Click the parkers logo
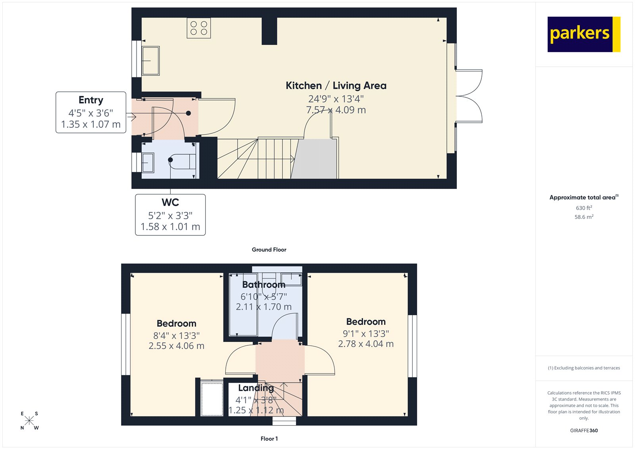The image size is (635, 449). pyautogui.click(x=583, y=34)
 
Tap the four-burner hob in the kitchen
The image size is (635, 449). pyautogui.click(x=199, y=28)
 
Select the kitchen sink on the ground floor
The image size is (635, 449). pyautogui.click(x=151, y=61)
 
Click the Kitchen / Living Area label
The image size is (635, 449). pyautogui.click(x=336, y=86)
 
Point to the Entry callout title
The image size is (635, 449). pyautogui.click(x=91, y=100)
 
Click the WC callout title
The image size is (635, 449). pyautogui.click(x=170, y=202)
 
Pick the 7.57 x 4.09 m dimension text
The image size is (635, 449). pyautogui.click(x=336, y=110)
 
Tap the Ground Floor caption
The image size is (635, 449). pyautogui.click(x=269, y=250)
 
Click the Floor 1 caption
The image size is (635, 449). pyautogui.click(x=269, y=439)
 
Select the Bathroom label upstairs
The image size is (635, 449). pyautogui.click(x=264, y=285)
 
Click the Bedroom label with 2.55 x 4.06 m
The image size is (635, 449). pyautogui.click(x=176, y=324)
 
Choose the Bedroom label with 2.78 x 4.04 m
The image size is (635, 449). pyautogui.click(x=366, y=322)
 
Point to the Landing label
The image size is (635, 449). pyautogui.click(x=256, y=388)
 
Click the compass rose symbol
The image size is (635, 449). pyautogui.click(x=29, y=421)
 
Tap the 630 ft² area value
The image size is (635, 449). pyautogui.click(x=584, y=208)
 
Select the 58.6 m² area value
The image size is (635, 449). pyautogui.click(x=584, y=217)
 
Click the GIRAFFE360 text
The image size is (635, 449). pyautogui.click(x=584, y=430)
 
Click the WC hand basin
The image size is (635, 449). pyautogui.click(x=148, y=163)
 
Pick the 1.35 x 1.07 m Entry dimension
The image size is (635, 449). pyautogui.click(x=91, y=124)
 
